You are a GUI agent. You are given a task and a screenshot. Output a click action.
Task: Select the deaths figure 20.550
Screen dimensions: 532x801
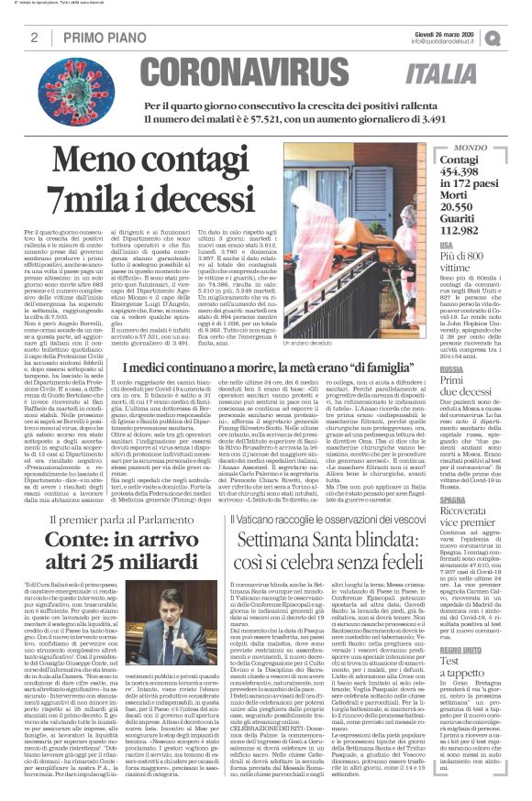pos(485,206)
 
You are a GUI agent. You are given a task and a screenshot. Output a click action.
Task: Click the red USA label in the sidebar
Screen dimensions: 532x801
pos(471,247)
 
